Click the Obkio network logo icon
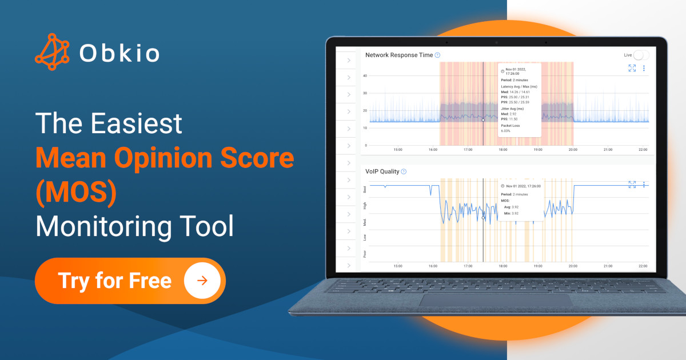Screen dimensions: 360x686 [52, 52]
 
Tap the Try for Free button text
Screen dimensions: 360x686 [115, 281]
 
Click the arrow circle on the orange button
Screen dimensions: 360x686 [202, 281]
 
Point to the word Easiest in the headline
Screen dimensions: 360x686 [138, 123]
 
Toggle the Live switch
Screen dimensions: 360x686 [641, 55]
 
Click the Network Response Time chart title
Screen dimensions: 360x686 [399, 55]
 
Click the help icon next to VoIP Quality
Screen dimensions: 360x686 [404, 171]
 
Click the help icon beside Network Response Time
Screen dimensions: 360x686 [437, 55]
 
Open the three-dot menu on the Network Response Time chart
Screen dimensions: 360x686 [644, 69]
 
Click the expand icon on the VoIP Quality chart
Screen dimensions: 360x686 [632, 185]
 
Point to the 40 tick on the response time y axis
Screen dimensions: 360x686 [365, 75]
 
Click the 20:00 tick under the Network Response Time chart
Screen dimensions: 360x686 [573, 150]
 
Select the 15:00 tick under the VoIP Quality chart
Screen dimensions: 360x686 [398, 266]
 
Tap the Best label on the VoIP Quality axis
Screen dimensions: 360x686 [365, 189]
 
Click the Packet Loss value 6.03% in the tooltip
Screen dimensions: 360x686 [506, 131]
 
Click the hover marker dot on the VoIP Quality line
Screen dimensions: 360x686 [483, 218]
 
